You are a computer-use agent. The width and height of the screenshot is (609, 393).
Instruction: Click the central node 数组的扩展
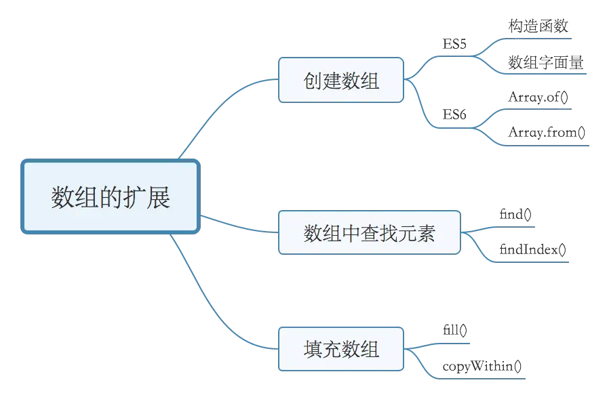pyautogui.click(x=111, y=198)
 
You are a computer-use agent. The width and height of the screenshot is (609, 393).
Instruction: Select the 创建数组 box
pyautogui.click(x=341, y=80)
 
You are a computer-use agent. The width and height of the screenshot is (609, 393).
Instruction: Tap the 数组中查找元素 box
pyautogui.click(x=370, y=232)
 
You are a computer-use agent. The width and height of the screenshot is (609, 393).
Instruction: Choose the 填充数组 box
pyautogui.click(x=341, y=349)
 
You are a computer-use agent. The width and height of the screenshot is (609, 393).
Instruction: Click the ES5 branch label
pyautogui.click(x=454, y=44)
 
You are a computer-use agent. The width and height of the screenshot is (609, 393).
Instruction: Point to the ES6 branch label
pyautogui.click(x=454, y=115)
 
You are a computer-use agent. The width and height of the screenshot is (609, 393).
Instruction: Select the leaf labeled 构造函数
pyautogui.click(x=538, y=26)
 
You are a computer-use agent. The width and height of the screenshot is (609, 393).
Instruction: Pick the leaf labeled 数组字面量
pyautogui.click(x=546, y=62)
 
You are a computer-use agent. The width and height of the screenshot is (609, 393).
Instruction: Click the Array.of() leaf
pyautogui.click(x=538, y=97)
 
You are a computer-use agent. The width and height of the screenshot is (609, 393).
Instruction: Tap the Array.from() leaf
pyautogui.click(x=547, y=132)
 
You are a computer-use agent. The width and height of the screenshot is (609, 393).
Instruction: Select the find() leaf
pyautogui.click(x=515, y=215)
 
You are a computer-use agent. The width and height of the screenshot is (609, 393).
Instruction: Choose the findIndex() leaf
pyautogui.click(x=533, y=249)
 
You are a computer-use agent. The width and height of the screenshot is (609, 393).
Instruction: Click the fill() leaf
pyautogui.click(x=454, y=331)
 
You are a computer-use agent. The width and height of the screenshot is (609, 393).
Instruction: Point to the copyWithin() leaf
pyautogui.click(x=482, y=367)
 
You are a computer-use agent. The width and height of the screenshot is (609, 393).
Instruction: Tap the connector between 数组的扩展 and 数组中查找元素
pyautogui.click(x=237, y=225)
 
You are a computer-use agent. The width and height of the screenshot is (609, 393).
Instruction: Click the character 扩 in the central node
pyautogui.click(x=134, y=198)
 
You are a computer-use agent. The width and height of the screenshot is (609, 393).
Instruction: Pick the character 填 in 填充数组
pyautogui.click(x=313, y=349)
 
